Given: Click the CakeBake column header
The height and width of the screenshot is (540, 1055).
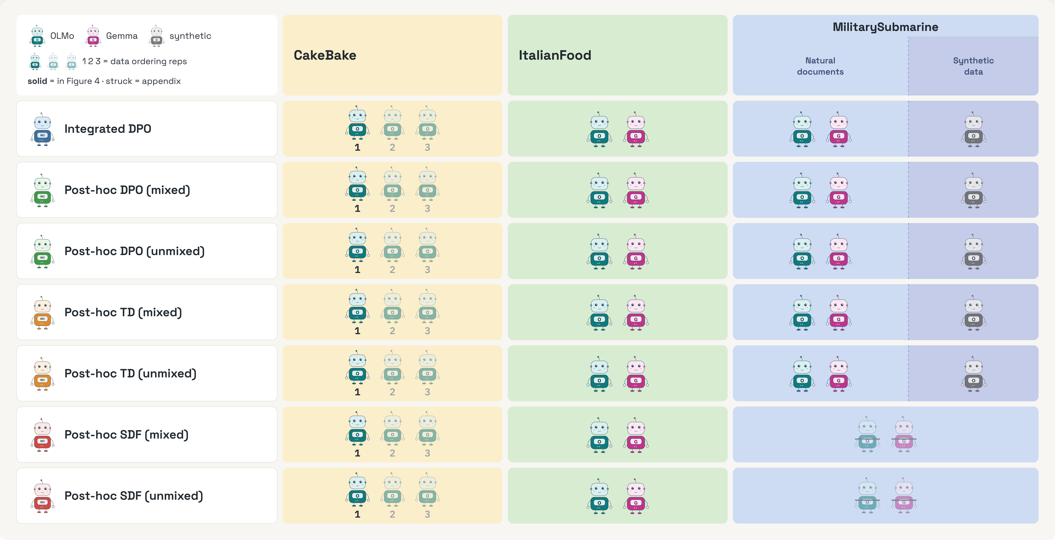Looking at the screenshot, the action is (x=325, y=55).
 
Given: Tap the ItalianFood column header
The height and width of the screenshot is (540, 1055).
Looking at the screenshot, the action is (x=555, y=55).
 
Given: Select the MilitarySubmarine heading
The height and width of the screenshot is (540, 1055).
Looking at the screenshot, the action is (x=886, y=27).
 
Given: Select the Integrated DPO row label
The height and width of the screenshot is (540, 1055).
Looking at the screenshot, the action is (x=108, y=129).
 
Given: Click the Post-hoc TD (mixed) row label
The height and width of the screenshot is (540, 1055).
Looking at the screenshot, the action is (x=123, y=312).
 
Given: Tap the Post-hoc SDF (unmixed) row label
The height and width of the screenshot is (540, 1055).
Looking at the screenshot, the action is (x=133, y=496).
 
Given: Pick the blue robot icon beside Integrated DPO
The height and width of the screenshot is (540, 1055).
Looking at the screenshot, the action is (x=42, y=129).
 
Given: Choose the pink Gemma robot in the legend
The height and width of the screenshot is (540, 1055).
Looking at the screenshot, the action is (x=93, y=36).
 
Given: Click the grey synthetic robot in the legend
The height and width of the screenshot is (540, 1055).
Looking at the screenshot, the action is (x=156, y=36).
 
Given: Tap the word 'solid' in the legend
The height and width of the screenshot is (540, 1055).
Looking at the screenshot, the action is (x=37, y=81).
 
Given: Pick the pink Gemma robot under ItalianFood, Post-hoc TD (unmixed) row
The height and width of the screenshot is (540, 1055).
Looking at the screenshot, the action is (x=636, y=374).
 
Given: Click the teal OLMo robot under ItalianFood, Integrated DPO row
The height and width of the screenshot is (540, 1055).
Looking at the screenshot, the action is (x=599, y=129).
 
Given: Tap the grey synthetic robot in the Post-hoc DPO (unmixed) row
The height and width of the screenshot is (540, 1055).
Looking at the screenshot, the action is (x=973, y=252).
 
